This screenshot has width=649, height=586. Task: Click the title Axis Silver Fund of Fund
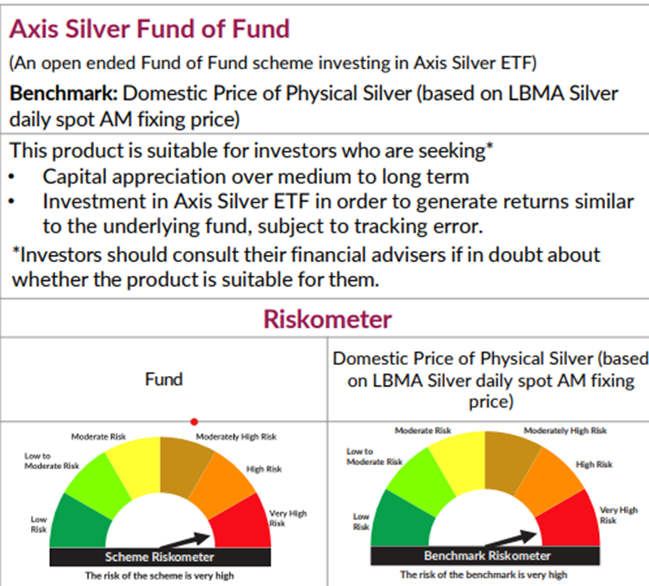tap(149, 28)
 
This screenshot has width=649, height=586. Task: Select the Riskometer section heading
tap(327, 318)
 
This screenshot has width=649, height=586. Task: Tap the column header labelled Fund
tap(164, 379)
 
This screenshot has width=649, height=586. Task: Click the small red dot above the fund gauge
tap(194, 422)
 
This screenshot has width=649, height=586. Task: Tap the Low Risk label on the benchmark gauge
tap(360, 522)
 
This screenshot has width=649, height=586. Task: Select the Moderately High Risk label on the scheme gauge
tap(235, 436)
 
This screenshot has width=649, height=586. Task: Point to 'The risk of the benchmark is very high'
tap(483, 575)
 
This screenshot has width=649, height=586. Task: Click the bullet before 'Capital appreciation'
tap(14, 177)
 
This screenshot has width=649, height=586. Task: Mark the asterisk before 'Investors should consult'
tap(16, 253)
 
